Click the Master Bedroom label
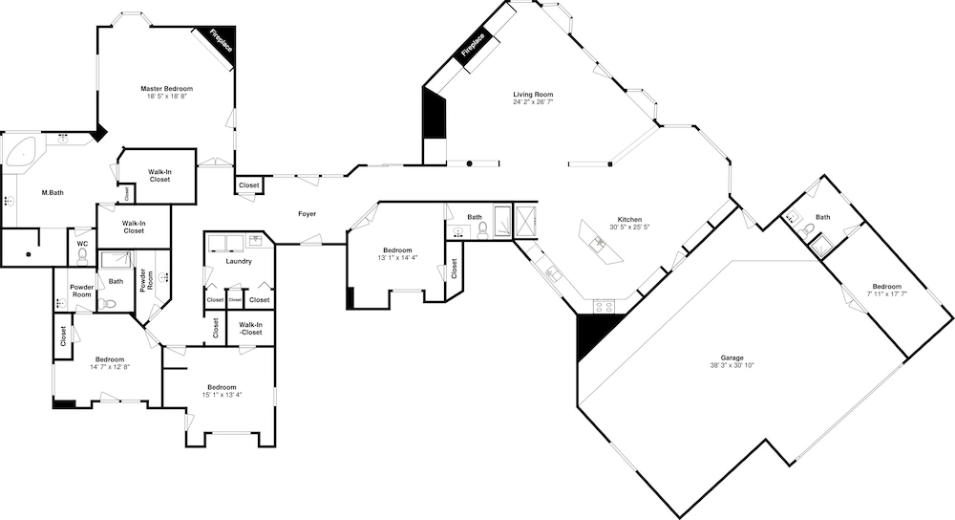point(166,88)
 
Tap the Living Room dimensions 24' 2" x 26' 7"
point(532,102)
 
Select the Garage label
point(732,357)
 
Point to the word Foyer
point(307,214)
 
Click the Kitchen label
point(629,220)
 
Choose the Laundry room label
point(239,262)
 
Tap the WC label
point(82,244)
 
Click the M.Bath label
point(53,193)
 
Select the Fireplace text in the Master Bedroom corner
point(221,41)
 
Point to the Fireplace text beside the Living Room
point(474,45)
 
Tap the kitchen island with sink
point(603,242)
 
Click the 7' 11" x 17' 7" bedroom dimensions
point(886,293)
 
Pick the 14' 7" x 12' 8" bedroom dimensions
point(110,367)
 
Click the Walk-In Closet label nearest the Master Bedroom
point(159,176)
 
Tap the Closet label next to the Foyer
point(248,185)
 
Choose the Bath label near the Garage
point(822,217)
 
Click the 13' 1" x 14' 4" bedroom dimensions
point(397,257)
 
